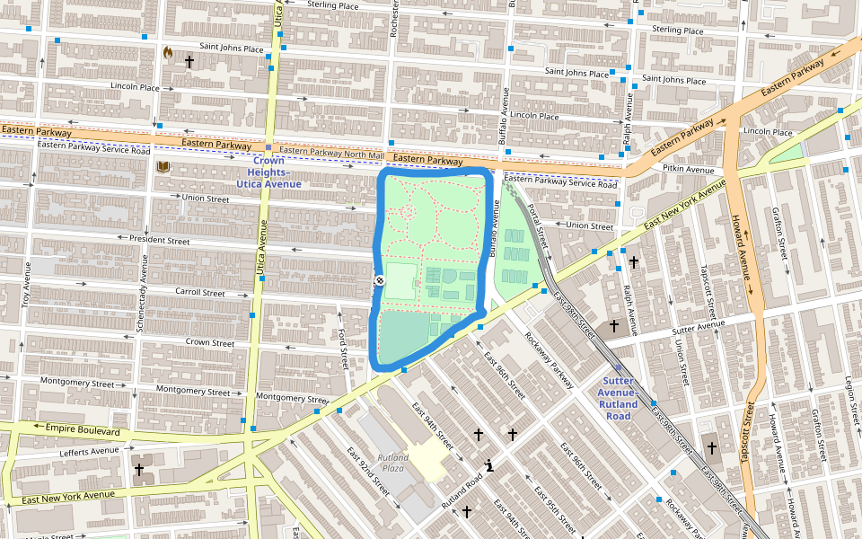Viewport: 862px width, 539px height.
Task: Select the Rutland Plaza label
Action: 393,463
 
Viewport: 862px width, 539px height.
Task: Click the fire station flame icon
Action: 167,53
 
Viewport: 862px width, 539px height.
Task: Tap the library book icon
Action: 163,167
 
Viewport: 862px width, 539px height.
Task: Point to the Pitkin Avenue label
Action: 688,169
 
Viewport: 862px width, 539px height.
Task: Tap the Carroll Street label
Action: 199,293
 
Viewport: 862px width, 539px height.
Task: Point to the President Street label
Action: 159,241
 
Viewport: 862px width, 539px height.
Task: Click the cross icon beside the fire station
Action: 189,62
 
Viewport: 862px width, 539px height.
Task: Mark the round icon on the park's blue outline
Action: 380,281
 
